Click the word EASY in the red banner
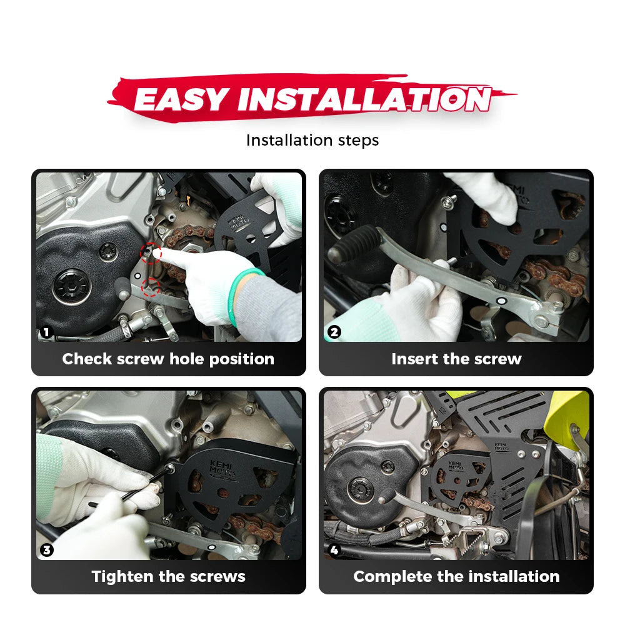[x=181, y=99]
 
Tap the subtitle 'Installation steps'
[x=312, y=140]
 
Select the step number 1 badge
[x=46, y=332]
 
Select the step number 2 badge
[x=334, y=332]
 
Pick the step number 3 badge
[x=47, y=550]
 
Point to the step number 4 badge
[x=334, y=550]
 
